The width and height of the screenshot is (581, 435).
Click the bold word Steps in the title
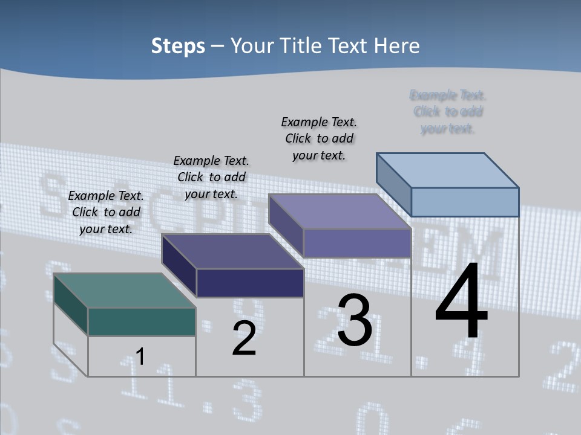178,46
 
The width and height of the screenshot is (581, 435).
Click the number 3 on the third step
355,321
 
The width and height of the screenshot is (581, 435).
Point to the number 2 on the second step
245,338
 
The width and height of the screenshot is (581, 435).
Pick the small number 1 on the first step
140,356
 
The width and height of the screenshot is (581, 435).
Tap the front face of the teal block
142,321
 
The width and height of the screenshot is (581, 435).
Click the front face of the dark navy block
250,283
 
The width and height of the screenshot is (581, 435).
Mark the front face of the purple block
357,243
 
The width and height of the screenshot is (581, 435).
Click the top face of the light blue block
447,170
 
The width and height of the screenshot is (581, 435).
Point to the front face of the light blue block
465,202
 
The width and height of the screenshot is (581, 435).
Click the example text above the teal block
106,212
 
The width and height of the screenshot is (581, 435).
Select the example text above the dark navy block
211,177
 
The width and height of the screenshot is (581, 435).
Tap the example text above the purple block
319,138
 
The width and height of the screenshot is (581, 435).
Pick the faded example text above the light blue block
448,112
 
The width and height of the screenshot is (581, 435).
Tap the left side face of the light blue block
393,181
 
